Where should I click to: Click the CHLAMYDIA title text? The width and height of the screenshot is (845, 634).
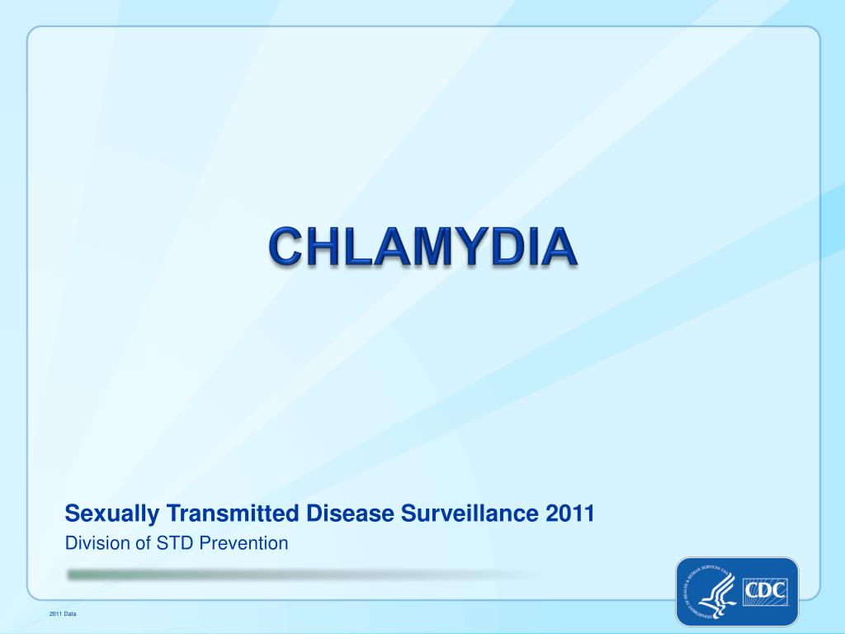pyautogui.click(x=422, y=247)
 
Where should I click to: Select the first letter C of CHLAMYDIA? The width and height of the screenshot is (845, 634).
pyautogui.click(x=287, y=247)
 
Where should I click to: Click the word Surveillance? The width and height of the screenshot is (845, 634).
pyautogui.click(x=470, y=513)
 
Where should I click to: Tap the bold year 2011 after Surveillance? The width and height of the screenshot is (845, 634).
pyautogui.click(x=570, y=513)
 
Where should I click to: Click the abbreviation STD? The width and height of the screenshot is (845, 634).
pyautogui.click(x=163, y=543)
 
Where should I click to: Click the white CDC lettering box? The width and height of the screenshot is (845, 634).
pyautogui.click(x=766, y=592)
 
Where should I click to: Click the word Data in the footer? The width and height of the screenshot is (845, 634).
pyautogui.click(x=70, y=614)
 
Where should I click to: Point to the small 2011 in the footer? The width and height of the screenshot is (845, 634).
pyautogui.click(x=55, y=614)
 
